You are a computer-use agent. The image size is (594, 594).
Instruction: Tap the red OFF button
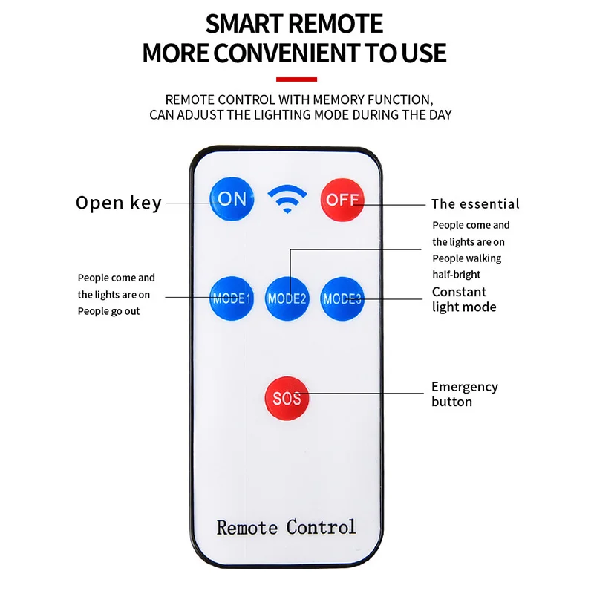(342, 199)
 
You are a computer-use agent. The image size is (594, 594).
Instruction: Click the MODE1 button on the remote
(232, 299)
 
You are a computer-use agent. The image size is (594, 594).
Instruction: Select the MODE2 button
(287, 299)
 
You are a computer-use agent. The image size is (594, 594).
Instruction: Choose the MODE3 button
(342, 299)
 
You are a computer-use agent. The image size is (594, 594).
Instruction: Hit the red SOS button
(287, 398)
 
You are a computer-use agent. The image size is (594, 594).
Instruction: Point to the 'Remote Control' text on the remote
(286, 527)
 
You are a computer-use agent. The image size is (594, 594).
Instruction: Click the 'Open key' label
(119, 203)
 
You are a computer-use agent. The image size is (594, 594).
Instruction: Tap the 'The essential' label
(475, 204)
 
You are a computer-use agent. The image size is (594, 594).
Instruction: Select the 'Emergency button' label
(464, 394)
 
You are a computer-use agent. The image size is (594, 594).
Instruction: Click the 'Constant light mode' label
(464, 299)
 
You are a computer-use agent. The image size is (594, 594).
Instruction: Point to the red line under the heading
(296, 79)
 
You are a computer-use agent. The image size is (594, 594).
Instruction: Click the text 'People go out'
(108, 311)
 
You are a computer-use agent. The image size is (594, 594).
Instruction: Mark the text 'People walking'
(467, 258)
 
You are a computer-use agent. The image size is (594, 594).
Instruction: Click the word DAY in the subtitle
(439, 115)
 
